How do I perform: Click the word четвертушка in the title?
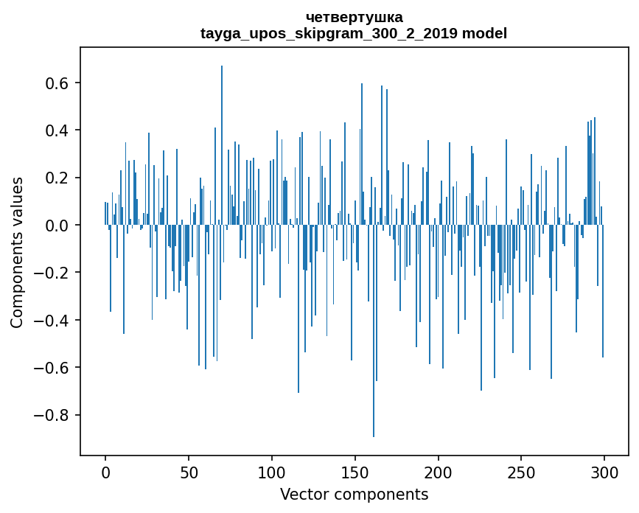[x=354, y=17]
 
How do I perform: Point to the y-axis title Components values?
[x=17, y=252]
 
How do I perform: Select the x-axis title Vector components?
[x=354, y=494]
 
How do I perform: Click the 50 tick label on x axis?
[x=189, y=472]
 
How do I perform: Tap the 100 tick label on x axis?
[x=272, y=472]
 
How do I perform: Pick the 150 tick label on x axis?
[x=355, y=472]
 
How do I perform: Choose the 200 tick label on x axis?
[x=439, y=472]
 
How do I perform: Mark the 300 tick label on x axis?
[x=604, y=472]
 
